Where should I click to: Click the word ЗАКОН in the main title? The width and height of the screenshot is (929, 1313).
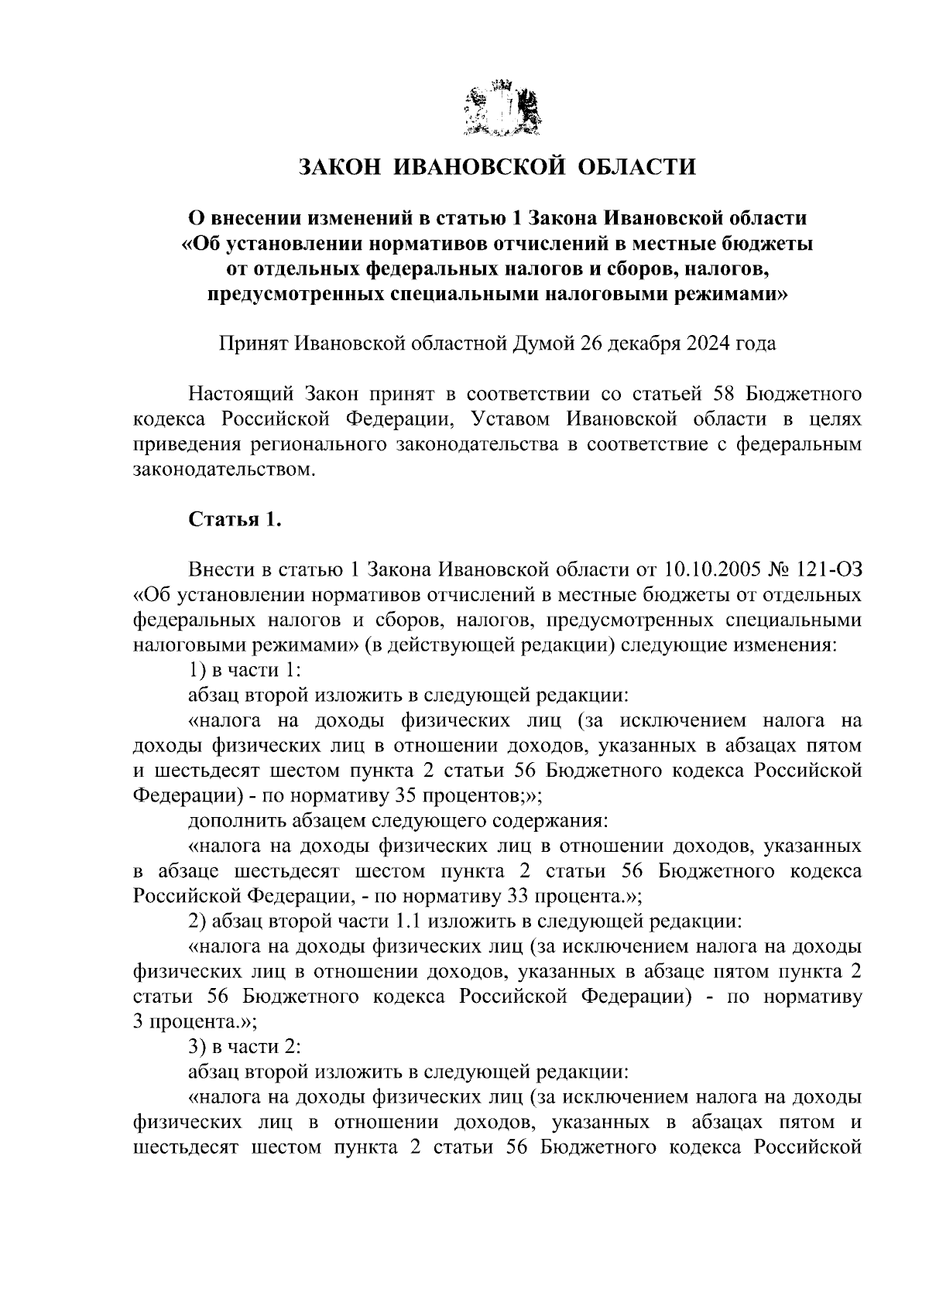[x=339, y=166]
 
